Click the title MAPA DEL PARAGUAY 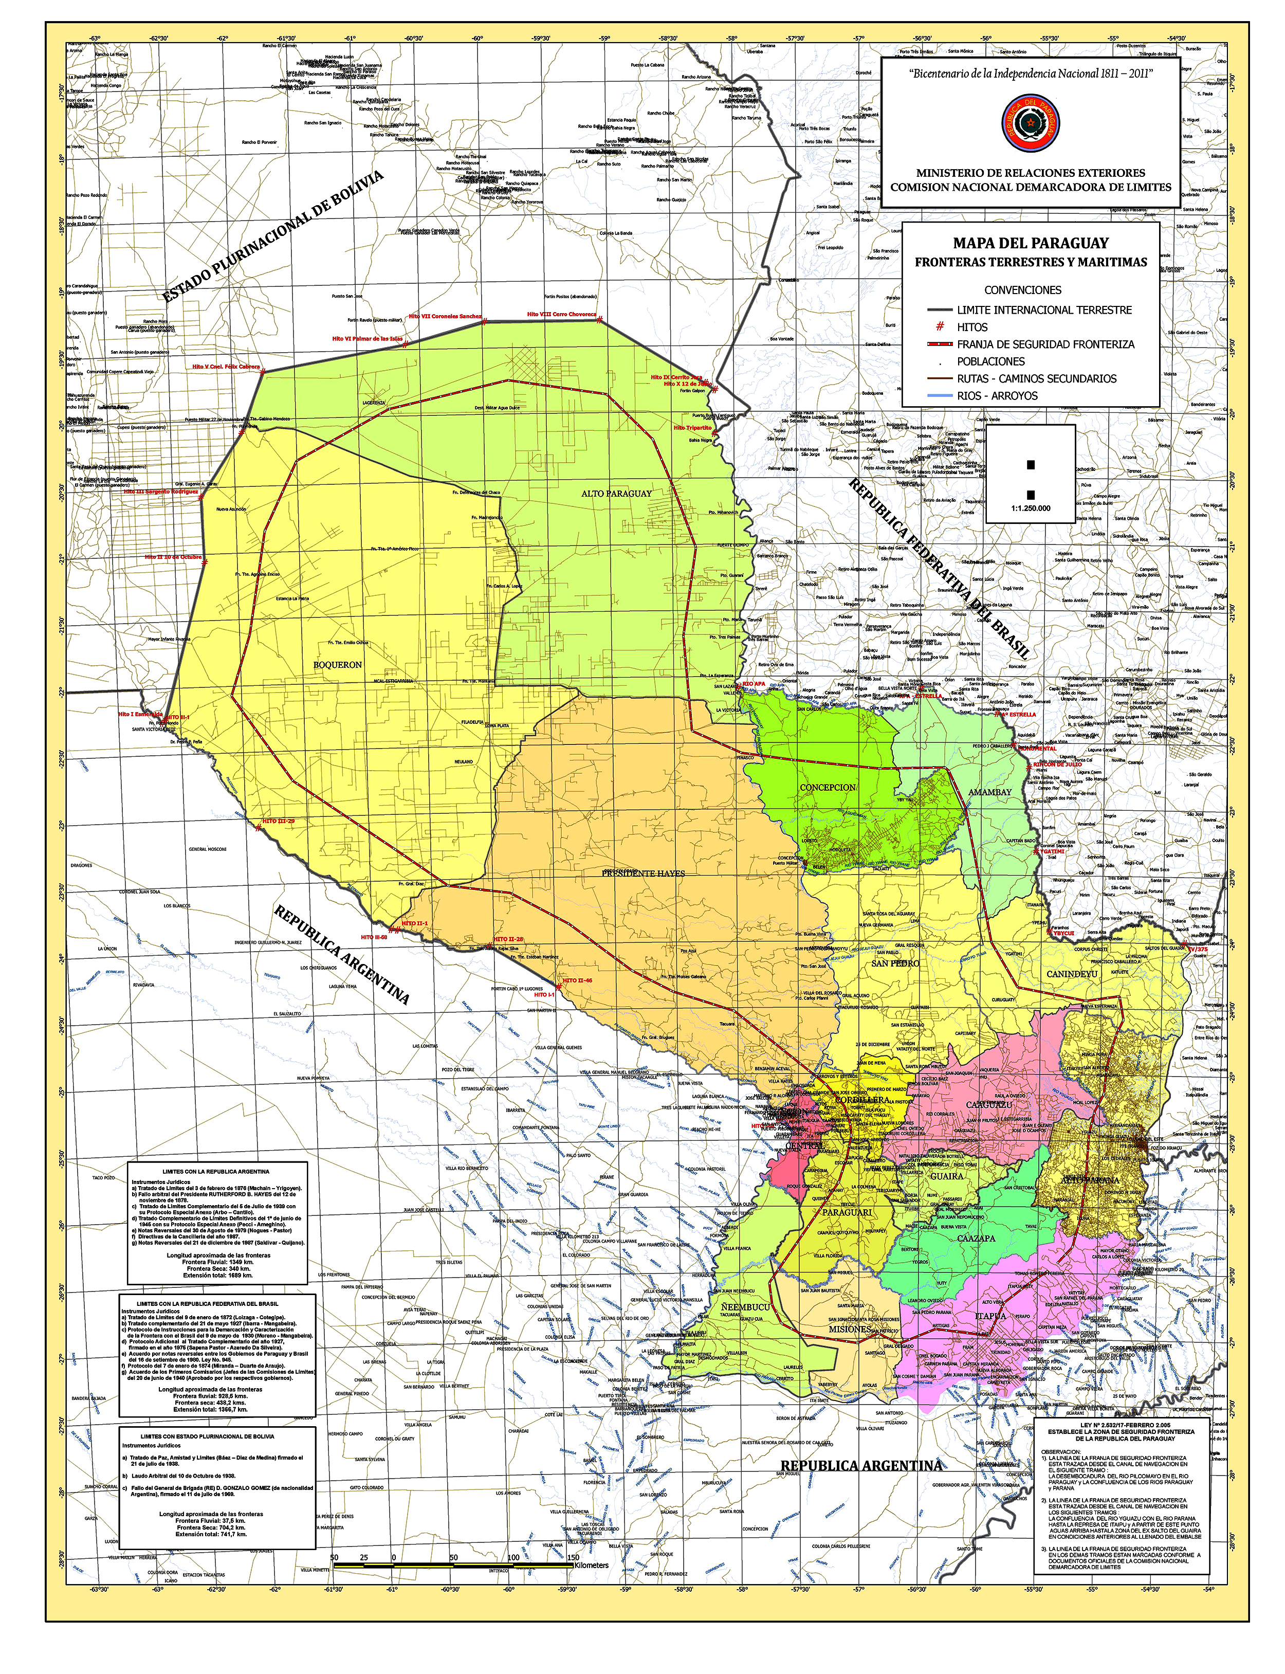click(1030, 243)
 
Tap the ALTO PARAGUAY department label click(616, 494)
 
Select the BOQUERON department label click(337, 665)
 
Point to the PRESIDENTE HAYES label click(643, 873)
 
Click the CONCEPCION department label click(828, 787)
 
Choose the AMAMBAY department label click(990, 792)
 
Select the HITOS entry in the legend click(972, 326)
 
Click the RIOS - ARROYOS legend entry click(997, 395)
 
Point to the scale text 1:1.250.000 click(1030, 508)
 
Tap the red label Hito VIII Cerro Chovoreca click(561, 315)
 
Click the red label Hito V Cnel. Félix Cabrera click(226, 367)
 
